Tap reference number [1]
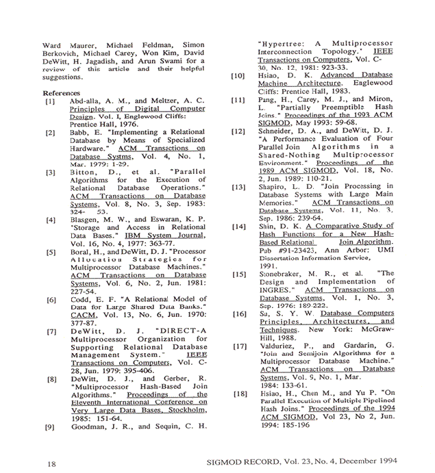[51, 101]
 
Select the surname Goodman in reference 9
[91, 426]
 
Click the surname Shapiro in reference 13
[275, 186]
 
